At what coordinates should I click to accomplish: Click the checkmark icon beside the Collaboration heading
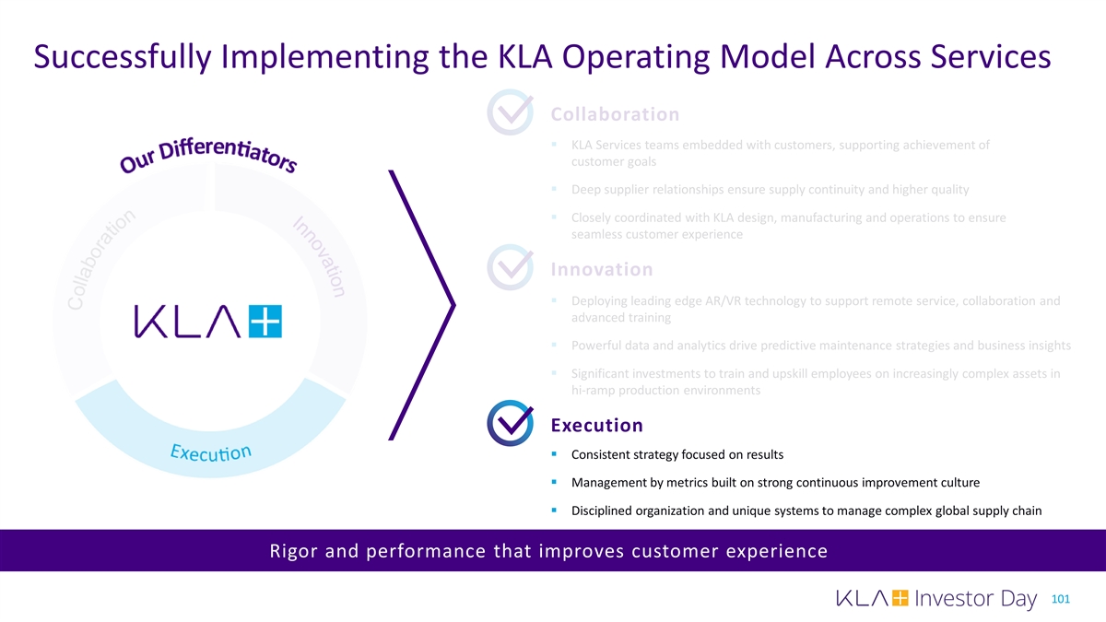[510, 113]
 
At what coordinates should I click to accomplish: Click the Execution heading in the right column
[596, 425]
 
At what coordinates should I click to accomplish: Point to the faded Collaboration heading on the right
[615, 114]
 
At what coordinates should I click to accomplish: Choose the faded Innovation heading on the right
[601, 270]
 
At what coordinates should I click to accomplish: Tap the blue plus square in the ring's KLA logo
[266, 322]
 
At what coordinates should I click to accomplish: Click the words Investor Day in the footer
[977, 600]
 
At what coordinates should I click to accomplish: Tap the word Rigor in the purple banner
[293, 552]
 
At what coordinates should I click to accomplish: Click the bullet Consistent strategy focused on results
[677, 454]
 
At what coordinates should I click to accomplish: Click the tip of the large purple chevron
[454, 304]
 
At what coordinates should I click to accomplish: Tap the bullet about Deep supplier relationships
[770, 190]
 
